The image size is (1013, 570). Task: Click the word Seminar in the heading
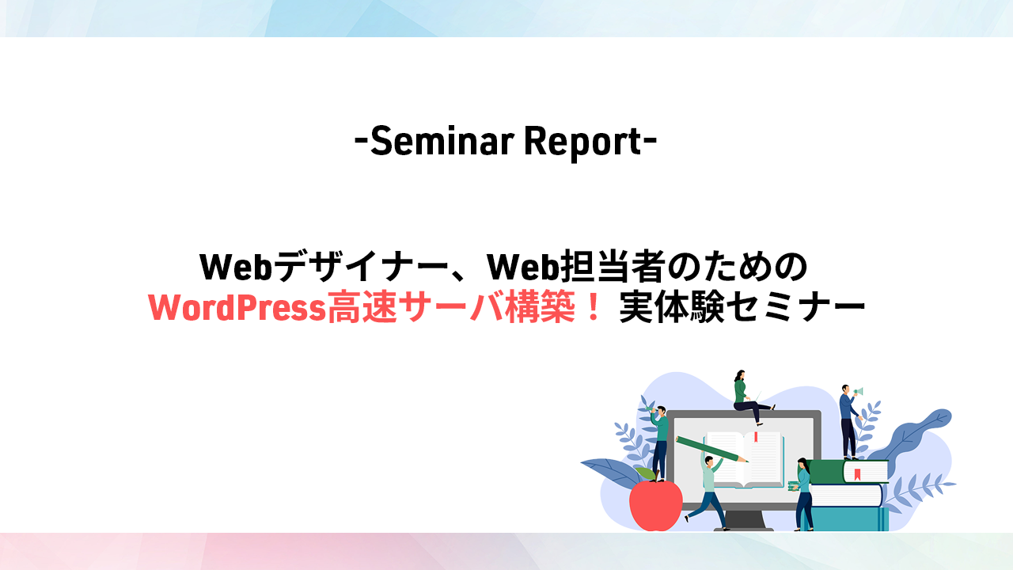(442, 141)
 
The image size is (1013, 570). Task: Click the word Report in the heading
(583, 142)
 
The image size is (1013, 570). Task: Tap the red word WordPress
(237, 308)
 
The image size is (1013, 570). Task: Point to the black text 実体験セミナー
(742, 308)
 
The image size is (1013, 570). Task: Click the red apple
(656, 504)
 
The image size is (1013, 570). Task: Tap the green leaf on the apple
(646, 473)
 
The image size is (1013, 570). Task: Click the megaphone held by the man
(858, 391)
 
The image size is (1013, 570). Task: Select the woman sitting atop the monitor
(749, 397)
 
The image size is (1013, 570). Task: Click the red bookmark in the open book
(755, 436)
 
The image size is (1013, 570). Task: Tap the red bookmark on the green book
(857, 474)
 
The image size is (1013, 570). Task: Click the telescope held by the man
(651, 410)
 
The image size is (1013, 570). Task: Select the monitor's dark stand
(745, 520)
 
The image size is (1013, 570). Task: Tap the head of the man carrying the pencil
(708, 462)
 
